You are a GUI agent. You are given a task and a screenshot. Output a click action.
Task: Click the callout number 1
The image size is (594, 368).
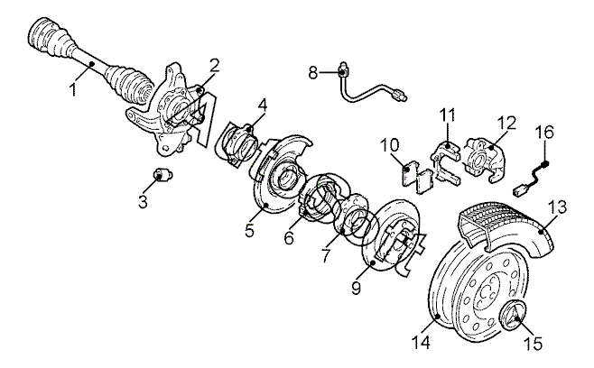(73, 89)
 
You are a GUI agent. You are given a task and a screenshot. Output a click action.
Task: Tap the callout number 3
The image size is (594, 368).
(143, 202)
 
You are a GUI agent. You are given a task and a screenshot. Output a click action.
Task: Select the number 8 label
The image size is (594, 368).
(313, 72)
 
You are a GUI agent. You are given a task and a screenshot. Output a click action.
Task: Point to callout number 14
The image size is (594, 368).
(421, 343)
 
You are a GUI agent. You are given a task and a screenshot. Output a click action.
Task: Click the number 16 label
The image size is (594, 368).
(544, 132)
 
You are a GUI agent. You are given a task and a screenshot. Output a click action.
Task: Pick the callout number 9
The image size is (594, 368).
(356, 288)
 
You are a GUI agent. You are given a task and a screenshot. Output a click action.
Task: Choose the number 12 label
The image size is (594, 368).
(506, 124)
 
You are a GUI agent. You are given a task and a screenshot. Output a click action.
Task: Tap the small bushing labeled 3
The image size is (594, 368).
(162, 175)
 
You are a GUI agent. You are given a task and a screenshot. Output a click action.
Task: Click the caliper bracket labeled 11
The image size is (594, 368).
(446, 161)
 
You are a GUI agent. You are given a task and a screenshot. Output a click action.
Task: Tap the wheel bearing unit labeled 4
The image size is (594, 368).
(239, 144)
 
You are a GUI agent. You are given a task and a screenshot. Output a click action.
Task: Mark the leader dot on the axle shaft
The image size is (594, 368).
(91, 64)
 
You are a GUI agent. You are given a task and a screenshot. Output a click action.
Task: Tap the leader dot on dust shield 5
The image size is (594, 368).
(265, 205)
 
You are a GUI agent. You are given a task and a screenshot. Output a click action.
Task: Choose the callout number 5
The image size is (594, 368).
(249, 230)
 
